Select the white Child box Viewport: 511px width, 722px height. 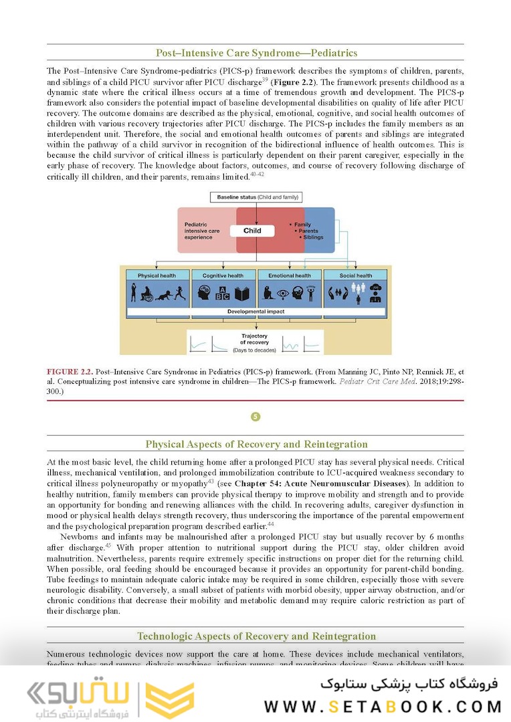(x=252, y=231)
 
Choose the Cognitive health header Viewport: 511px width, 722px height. (x=223, y=275)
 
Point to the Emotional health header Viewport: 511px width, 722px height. (x=289, y=275)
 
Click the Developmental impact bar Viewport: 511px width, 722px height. (x=255, y=312)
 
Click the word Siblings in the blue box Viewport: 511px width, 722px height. (x=313, y=237)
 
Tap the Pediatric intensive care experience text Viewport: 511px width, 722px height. (x=202, y=231)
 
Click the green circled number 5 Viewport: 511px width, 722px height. (x=255, y=416)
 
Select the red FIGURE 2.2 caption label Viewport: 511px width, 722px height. (x=70, y=370)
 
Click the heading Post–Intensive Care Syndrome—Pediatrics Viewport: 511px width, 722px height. (x=256, y=53)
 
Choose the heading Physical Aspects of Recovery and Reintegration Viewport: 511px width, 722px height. (x=256, y=444)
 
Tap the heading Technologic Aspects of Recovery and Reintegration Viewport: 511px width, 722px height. (x=256, y=636)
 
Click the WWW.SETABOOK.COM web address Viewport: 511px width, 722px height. (x=383, y=706)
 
